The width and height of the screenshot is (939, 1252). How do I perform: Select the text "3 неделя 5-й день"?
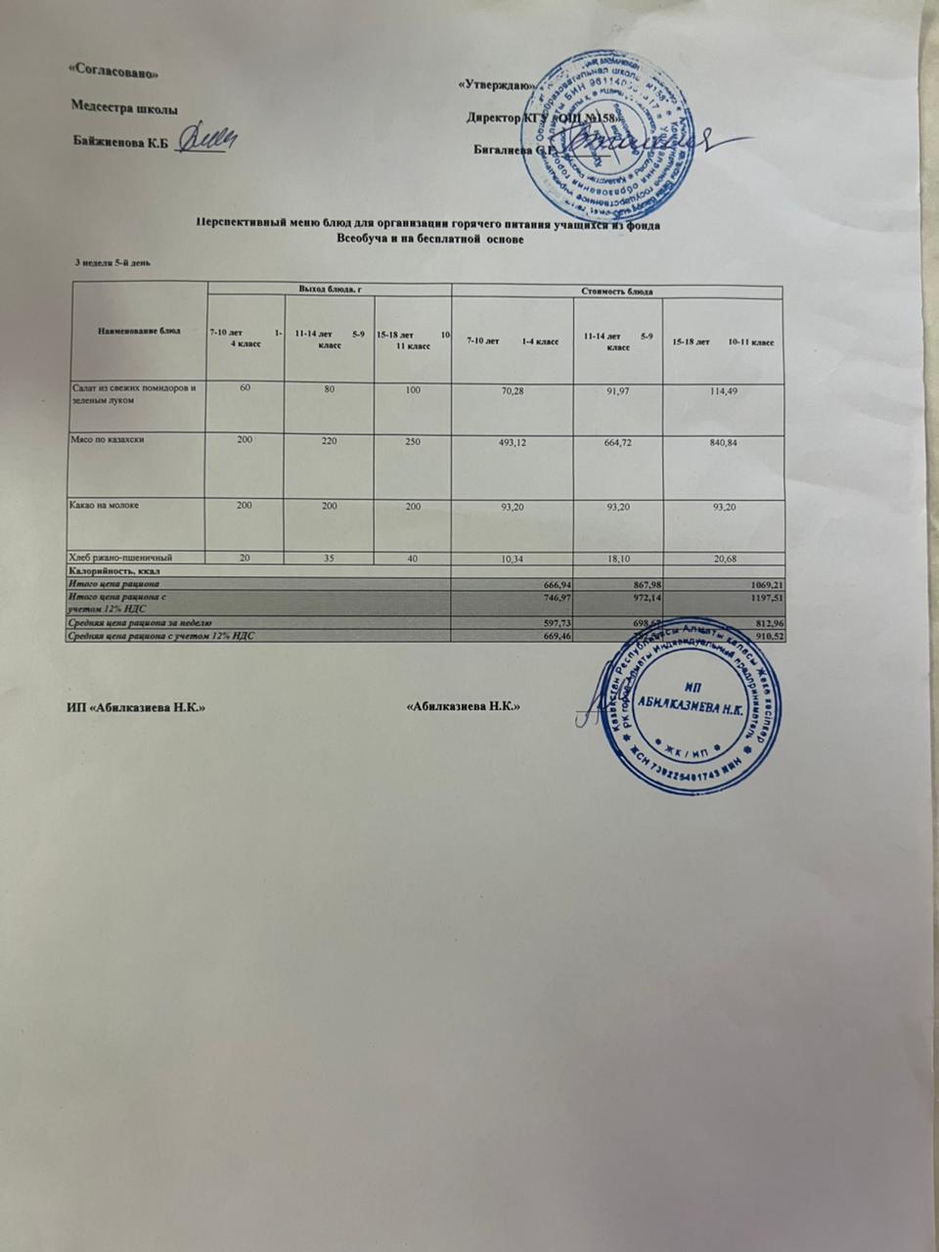[x=112, y=261]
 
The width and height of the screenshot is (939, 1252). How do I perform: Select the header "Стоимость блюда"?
[x=618, y=291]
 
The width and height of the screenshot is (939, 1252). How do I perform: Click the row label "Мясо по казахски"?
[x=109, y=441]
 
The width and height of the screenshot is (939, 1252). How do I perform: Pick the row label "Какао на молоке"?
[x=105, y=506]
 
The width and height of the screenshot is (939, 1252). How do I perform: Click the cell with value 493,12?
[x=512, y=441]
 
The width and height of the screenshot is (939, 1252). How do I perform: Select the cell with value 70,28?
[x=512, y=389]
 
